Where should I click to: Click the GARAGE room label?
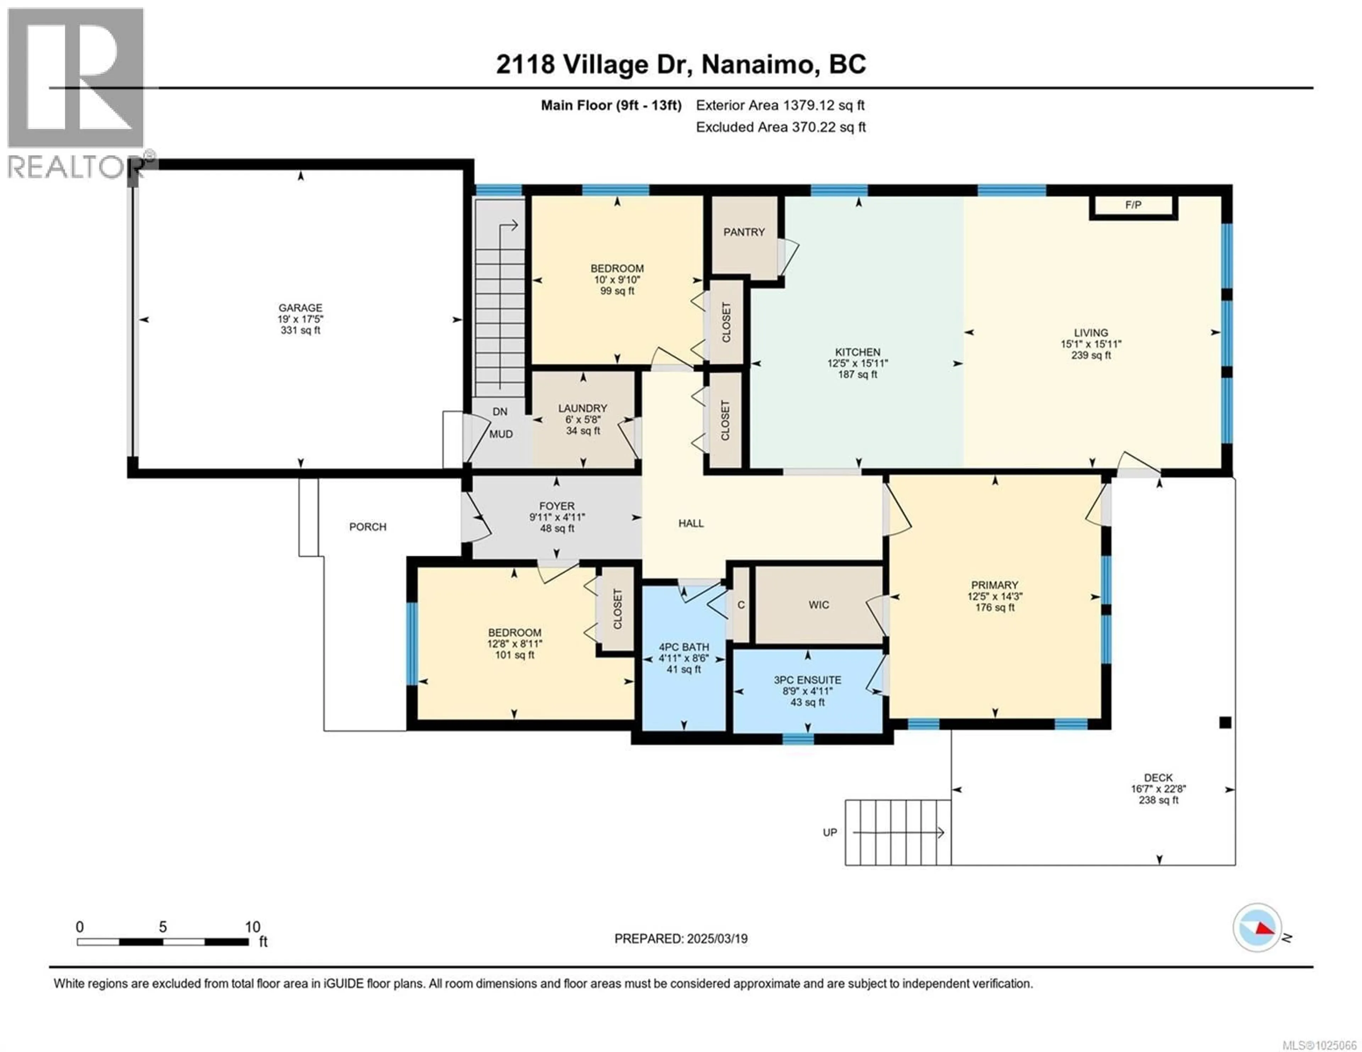300,307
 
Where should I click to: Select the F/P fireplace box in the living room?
1133,205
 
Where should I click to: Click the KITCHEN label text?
858,352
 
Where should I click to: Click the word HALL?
691,523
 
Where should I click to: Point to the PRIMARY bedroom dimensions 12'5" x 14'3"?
995,596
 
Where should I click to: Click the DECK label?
1158,778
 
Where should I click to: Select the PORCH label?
367,527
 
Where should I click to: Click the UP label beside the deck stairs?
829,833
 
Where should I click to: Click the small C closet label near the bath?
741,605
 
